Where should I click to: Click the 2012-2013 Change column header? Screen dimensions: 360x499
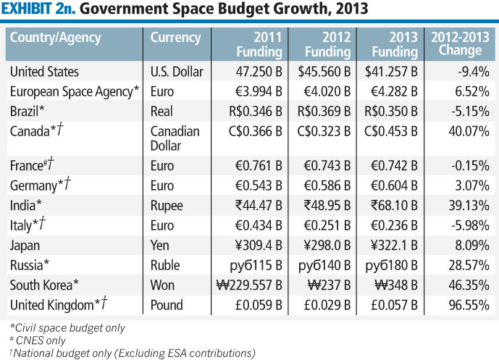tap(461, 44)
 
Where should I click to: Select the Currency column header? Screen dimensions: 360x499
tap(175, 38)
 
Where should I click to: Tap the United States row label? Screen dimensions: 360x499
tap(45, 72)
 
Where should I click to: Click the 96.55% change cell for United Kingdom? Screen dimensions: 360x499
tap(469, 305)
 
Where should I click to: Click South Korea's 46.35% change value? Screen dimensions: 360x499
tap(469, 285)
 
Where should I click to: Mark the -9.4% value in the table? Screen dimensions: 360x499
tap(473, 72)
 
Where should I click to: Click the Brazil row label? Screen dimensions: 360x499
tap(28, 111)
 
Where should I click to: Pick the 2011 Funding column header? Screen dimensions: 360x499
tap(259, 44)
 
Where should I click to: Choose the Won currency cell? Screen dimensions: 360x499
tap(163, 285)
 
